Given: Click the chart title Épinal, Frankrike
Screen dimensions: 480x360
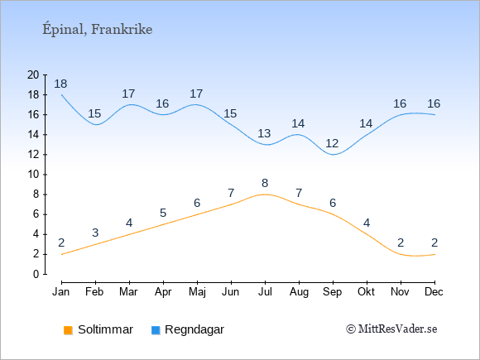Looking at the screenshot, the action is [x=98, y=29].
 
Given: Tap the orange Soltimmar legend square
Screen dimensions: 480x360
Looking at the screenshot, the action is [x=68, y=330].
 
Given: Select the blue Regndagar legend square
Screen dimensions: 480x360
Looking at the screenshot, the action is [x=156, y=330].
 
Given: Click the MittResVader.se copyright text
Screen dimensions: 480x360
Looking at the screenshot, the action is [x=391, y=329].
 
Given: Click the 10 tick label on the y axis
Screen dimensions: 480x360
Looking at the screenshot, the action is [x=33, y=175].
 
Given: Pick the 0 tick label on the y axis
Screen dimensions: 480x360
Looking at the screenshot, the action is [x=36, y=274].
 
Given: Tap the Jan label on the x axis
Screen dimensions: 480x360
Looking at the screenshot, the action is [x=61, y=292].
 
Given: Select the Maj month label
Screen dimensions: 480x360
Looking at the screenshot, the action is [x=197, y=292].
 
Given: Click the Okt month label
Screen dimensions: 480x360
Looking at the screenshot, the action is [x=366, y=292].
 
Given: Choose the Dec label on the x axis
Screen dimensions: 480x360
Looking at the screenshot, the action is [x=434, y=292].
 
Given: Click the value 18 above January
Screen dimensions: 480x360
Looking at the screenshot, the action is [x=60, y=84].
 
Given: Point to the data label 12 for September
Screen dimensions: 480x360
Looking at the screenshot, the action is [x=332, y=143].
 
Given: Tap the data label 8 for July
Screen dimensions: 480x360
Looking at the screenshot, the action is [x=265, y=184].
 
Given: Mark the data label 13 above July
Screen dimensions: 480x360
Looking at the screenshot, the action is [x=264, y=133].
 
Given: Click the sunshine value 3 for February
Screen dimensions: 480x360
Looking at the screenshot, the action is [x=95, y=233].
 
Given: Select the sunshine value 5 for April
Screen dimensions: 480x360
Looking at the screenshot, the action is [x=163, y=213].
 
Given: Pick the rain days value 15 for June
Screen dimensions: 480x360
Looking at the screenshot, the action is [x=230, y=113].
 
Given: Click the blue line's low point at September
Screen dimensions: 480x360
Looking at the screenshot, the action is [x=333, y=155].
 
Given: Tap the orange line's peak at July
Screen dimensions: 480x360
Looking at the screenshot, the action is [x=265, y=194].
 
